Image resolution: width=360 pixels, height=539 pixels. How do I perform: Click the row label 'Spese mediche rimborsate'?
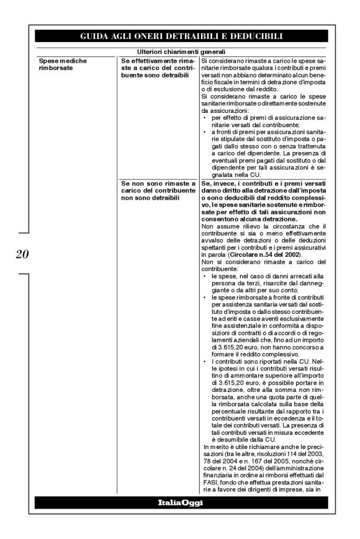point(60,65)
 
